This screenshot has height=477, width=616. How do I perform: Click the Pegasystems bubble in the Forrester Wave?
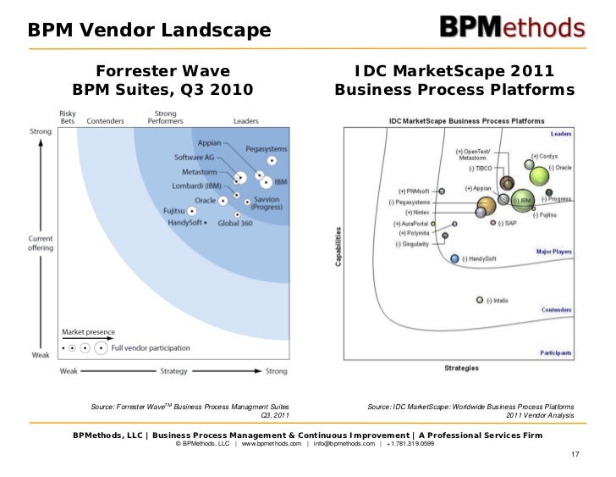(272, 159)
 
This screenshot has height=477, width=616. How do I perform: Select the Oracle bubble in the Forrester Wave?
(223, 201)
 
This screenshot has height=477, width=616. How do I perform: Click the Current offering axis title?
(41, 241)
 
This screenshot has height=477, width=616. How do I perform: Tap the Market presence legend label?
(88, 331)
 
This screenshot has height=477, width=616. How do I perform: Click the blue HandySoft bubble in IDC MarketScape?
(454, 258)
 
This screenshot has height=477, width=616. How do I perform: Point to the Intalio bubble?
(480, 299)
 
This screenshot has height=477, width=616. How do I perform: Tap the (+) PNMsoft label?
(415, 192)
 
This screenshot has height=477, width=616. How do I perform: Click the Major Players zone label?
(553, 252)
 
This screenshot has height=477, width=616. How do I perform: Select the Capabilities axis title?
(338, 247)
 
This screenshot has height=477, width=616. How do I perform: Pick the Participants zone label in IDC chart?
(553, 352)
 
